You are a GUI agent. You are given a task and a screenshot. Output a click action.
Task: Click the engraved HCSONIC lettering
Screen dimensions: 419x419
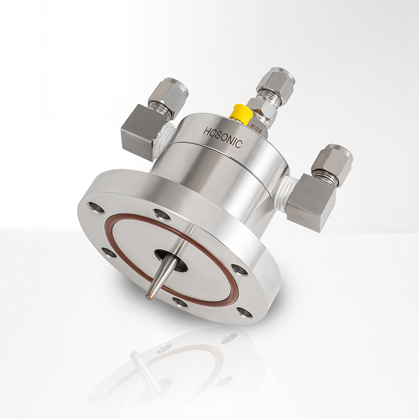coord(223,137)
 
